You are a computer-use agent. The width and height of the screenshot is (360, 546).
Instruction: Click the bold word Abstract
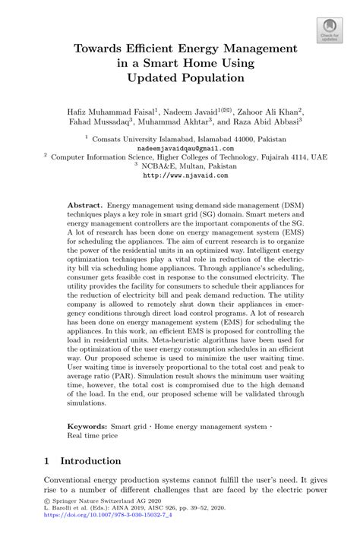point(84,206)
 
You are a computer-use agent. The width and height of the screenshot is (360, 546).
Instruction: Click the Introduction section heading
point(90,461)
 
